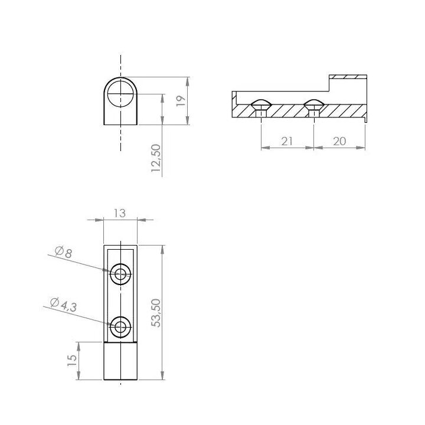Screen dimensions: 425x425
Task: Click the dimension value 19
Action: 181,101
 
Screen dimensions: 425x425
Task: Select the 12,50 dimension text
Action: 156,158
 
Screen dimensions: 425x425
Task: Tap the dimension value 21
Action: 287,141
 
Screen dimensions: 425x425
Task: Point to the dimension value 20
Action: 339,141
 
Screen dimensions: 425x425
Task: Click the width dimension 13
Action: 119,213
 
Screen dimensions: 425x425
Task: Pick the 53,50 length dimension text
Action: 156,313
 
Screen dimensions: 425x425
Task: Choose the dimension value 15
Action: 72,360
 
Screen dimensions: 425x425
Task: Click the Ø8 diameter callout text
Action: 63,252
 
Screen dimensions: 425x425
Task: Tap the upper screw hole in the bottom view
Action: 120,274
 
